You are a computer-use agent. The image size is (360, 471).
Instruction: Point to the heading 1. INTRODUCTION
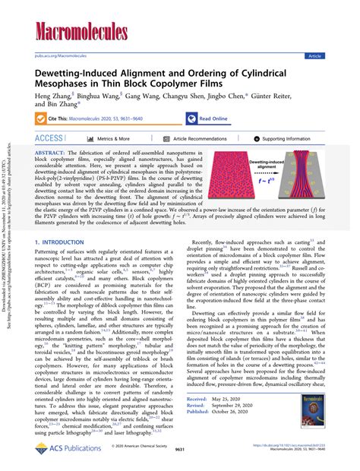64,221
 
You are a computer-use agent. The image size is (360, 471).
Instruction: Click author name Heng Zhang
52,97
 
